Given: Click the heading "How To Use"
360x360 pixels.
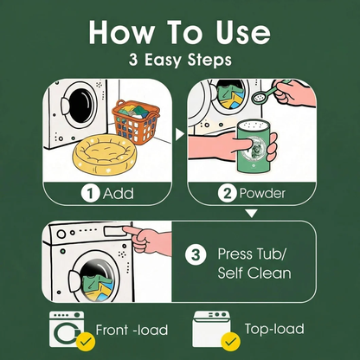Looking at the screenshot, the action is point(179,32).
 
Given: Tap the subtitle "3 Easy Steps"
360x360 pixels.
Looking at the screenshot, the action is point(180,60).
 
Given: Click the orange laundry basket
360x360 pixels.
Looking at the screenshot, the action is point(136,122).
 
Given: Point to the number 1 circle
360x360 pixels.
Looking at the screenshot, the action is point(90,194).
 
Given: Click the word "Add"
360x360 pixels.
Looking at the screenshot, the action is point(119,194).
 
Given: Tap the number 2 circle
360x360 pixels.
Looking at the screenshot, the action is point(228,193).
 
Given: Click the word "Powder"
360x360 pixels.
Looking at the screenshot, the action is point(262,194).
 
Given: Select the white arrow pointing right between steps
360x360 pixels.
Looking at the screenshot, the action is point(180,134).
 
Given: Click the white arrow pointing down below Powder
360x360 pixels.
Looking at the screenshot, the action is point(252,214).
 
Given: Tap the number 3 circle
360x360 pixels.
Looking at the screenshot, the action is point(196,254).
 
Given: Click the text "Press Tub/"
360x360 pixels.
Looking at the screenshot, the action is point(252,254).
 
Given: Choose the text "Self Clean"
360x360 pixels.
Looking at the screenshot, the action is point(254,273).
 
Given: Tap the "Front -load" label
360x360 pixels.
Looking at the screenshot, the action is point(132,330).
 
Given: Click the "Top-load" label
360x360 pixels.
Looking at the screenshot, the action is point(274,329).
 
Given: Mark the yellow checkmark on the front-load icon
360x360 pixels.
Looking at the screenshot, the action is point(86,342).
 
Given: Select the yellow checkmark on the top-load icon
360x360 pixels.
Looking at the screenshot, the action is point(230,342).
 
